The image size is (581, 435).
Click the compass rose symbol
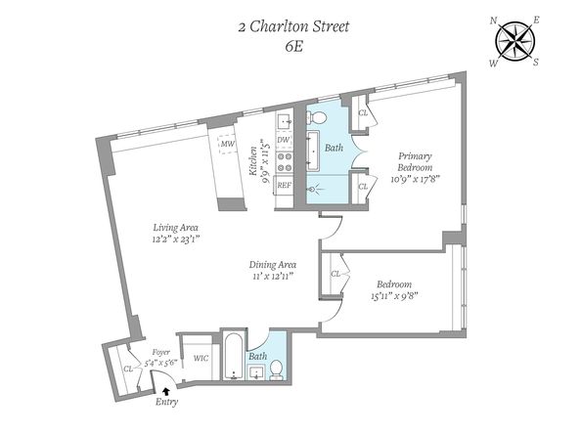[514, 41]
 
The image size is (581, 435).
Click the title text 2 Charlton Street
[293, 27]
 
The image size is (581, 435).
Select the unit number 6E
[294, 47]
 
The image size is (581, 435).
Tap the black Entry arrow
[166, 390]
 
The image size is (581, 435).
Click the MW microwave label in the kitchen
[228, 144]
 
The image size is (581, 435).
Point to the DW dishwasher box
[285, 141]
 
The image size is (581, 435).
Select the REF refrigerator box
[284, 185]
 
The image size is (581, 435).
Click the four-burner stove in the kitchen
[285, 162]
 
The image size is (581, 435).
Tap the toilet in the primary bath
[316, 117]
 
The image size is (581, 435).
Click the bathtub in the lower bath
[234, 357]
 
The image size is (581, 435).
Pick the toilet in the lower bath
[276, 370]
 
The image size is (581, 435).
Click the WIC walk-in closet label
[201, 359]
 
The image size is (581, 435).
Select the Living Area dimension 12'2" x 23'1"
[176, 239]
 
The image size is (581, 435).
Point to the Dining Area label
[272, 265]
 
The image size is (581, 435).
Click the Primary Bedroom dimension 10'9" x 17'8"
[415, 179]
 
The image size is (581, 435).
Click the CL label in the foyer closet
[128, 369]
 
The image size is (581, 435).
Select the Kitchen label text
[253, 161]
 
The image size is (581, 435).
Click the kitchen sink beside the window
[285, 121]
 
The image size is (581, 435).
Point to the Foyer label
[161, 353]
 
